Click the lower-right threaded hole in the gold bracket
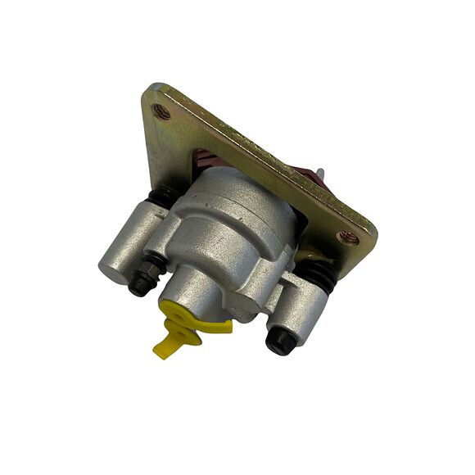(347, 238)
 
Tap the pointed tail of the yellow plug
(159, 351)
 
